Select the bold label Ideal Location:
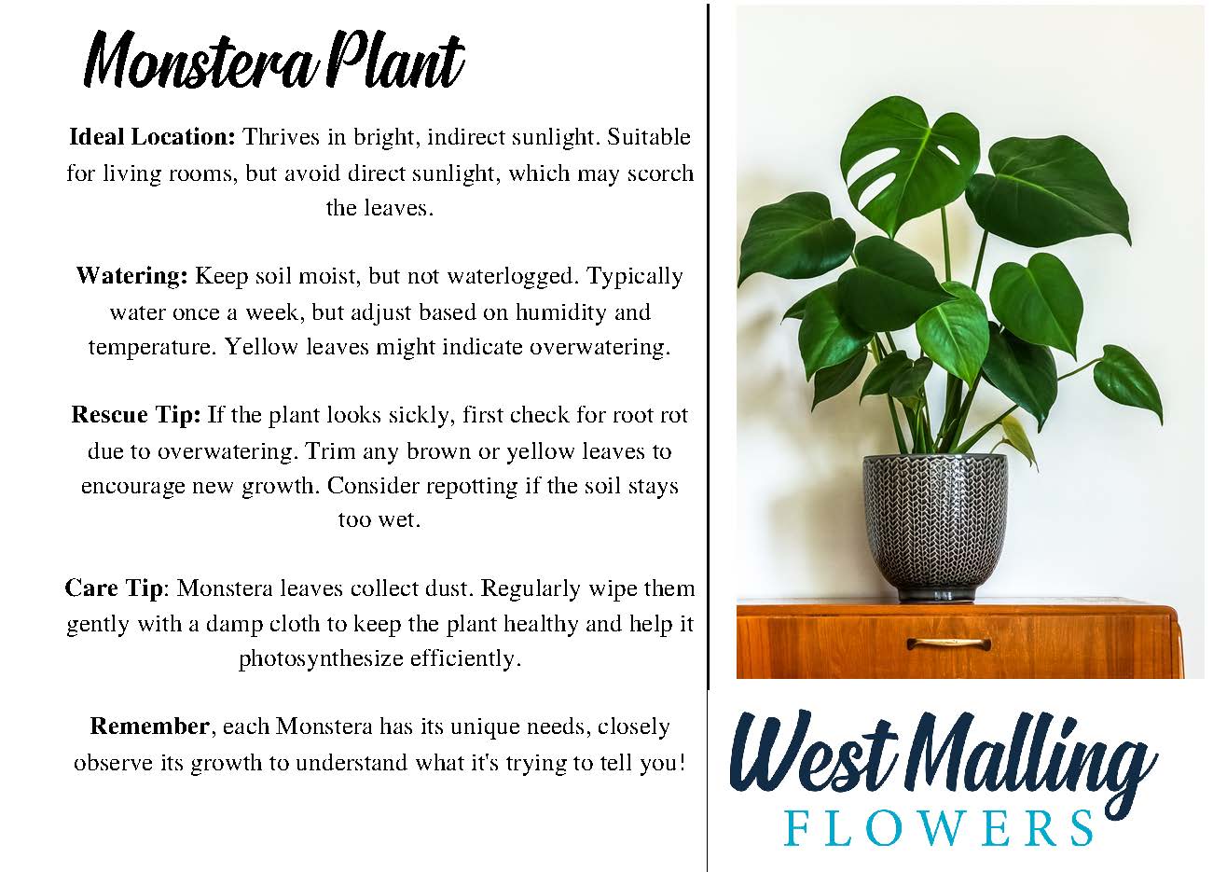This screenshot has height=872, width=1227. [152, 136]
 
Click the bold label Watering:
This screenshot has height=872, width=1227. [132, 276]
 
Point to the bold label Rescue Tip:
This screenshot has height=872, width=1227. [136, 415]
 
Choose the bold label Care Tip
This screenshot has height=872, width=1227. [114, 588]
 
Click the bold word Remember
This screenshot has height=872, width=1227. [149, 727]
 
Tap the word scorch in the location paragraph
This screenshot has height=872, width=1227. [660, 173]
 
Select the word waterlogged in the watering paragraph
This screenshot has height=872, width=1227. [513, 277]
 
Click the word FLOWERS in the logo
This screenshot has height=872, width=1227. [939, 828]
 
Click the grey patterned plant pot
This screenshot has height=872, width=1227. [935, 527]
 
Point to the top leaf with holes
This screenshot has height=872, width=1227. [909, 163]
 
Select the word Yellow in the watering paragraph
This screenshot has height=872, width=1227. [261, 347]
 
